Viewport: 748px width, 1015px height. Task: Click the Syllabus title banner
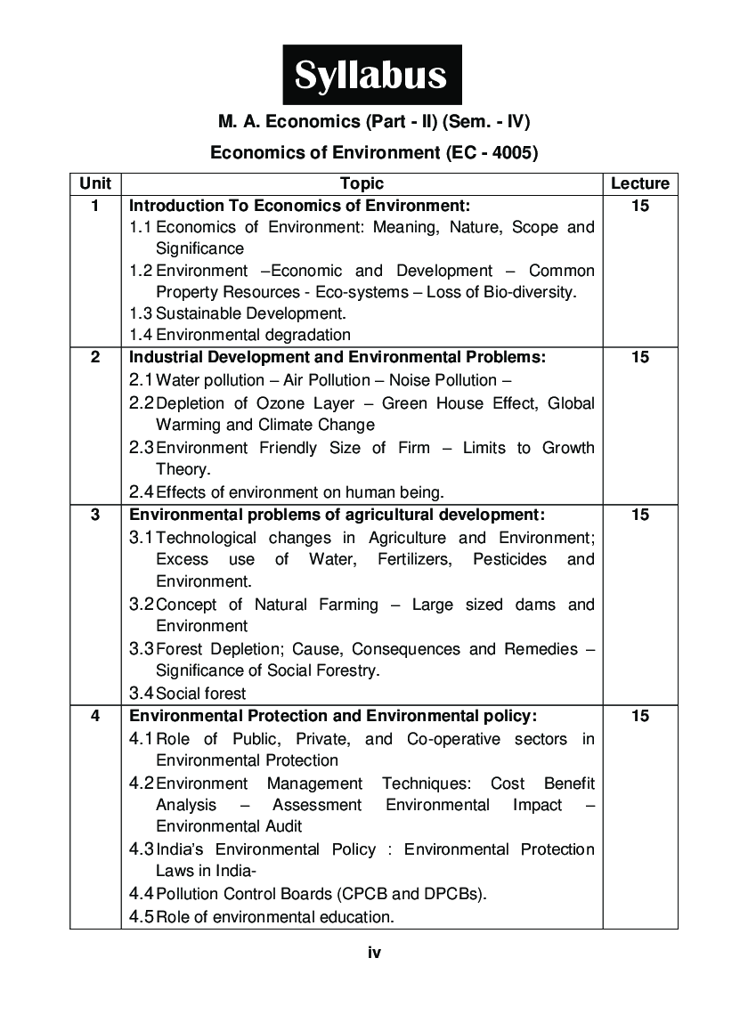(x=372, y=76)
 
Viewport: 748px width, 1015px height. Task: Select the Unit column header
(x=95, y=183)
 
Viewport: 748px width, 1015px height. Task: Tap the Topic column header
(x=362, y=183)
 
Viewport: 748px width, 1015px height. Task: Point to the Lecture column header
(x=639, y=183)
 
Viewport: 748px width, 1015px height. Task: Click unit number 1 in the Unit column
(x=95, y=206)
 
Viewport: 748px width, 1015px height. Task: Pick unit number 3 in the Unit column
(x=95, y=515)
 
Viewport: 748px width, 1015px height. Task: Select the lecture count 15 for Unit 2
(x=639, y=358)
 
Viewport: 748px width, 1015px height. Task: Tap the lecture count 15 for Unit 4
(x=639, y=716)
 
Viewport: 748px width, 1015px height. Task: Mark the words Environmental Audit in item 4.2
(x=229, y=826)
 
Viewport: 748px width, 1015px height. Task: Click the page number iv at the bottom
(x=374, y=953)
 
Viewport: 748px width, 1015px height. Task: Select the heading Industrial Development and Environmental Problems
(x=337, y=358)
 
